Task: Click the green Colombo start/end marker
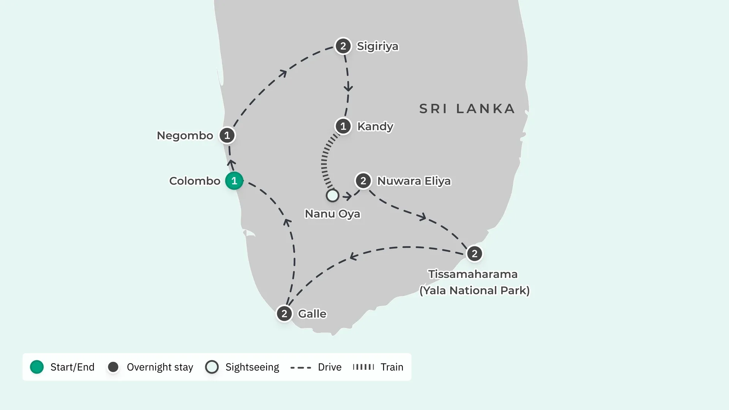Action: point(234,181)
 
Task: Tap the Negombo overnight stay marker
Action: point(227,135)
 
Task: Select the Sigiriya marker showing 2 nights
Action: point(343,46)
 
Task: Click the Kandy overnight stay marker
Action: point(343,126)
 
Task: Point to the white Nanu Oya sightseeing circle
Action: point(333,196)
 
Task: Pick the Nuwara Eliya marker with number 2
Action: point(363,181)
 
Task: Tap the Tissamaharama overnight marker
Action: point(475,254)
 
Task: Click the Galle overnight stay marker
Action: point(284,314)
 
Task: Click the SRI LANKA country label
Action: point(467,109)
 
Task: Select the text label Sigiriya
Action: point(378,46)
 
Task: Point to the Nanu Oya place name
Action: point(333,214)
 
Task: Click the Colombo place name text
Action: point(195,181)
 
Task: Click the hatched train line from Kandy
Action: point(324,161)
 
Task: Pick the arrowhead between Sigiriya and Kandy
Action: point(348,88)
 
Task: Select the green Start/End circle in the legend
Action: point(37,367)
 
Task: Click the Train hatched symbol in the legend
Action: point(363,367)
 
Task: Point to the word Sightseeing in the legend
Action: point(252,367)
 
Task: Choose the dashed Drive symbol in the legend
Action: point(301,367)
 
